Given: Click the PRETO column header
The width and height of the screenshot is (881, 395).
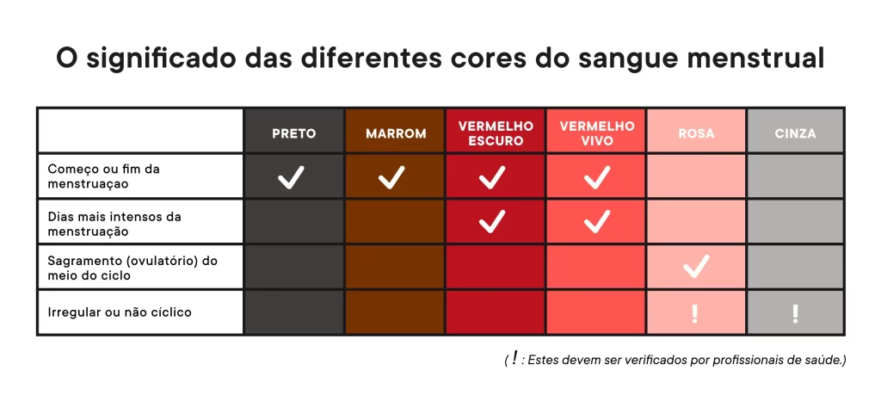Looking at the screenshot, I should pos(294,133).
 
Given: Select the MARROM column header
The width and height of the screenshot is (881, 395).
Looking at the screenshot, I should pos(395,133).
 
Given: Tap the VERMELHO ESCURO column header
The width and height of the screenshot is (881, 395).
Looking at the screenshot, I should pos(495,133).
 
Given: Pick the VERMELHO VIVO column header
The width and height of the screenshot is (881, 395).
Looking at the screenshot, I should pos(596,133).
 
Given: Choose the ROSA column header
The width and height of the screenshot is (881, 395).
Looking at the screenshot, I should pos(696,133).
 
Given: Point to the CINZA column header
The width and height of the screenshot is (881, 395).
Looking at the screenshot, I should pos(795,133).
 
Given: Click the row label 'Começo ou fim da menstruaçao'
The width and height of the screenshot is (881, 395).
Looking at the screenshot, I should pos(104,176).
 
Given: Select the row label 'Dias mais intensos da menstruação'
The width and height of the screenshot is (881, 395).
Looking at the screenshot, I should pos(114,223).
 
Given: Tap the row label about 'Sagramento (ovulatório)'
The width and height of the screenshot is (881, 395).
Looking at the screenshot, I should pos(132,268).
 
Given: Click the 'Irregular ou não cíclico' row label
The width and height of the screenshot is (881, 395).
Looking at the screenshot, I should pos(120,312).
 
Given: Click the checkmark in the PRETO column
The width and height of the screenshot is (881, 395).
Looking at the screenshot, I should pos(292,178).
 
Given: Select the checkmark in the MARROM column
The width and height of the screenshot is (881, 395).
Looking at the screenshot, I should pos(392,178).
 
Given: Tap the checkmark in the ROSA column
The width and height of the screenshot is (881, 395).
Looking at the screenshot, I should pos(695,267).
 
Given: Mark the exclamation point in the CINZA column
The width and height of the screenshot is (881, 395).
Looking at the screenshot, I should pos(795,313).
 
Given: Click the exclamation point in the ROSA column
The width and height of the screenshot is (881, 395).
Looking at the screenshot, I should pos(695,313).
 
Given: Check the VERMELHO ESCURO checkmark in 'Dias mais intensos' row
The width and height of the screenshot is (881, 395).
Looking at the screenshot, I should pos(492,222).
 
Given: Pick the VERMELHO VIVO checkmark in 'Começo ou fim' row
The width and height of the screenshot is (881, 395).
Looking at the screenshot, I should pos(596,178).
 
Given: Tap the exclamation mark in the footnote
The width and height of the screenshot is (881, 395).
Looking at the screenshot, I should pos(514,359).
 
